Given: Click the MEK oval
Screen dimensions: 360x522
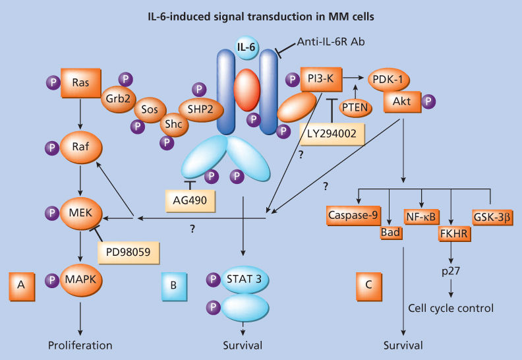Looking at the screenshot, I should tap(80, 213).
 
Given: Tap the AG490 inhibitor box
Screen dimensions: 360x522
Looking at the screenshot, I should tap(190, 198).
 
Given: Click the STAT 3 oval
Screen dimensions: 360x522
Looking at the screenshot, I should tap(244, 278).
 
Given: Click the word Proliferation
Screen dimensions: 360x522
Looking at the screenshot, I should tap(80, 345).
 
